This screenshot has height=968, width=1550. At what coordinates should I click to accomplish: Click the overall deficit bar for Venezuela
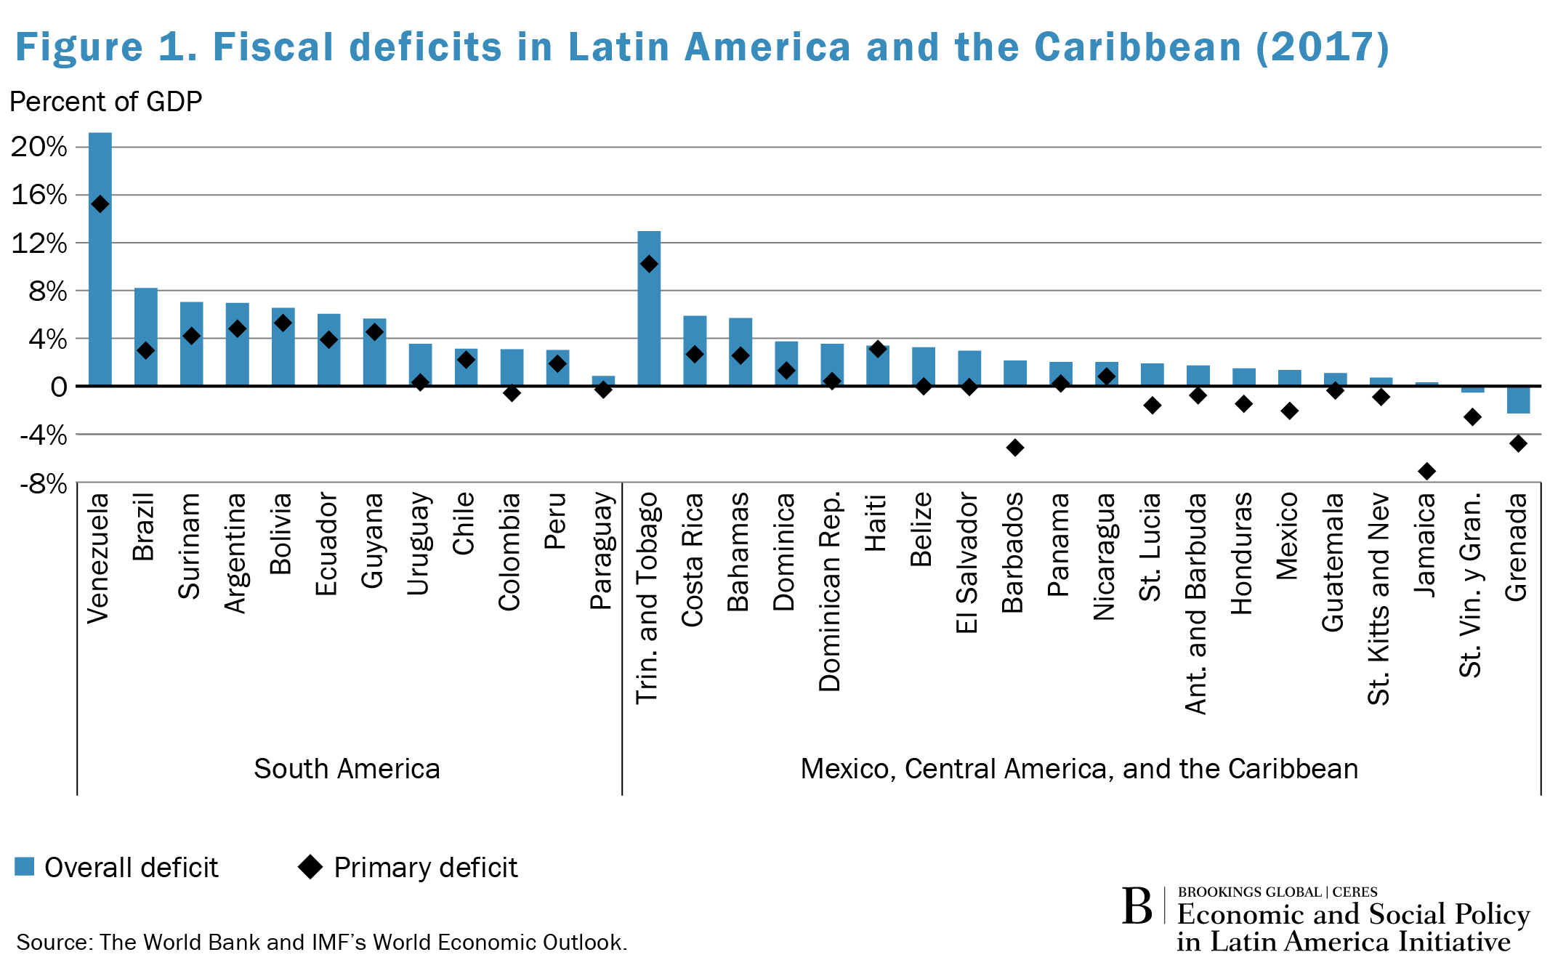pyautogui.click(x=100, y=291)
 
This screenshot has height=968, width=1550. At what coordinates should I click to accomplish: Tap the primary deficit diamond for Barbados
pyautogui.click(x=1015, y=448)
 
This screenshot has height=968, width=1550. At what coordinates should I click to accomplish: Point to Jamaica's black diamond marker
pyautogui.click(x=1426, y=472)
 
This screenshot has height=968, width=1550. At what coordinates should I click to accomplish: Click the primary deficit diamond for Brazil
pyautogui.click(x=145, y=351)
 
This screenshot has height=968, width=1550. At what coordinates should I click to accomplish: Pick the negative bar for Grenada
pyautogui.click(x=1518, y=400)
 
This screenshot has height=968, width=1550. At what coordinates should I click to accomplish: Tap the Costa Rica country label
pyautogui.click(x=693, y=560)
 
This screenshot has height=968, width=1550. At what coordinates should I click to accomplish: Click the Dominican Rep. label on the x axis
pyautogui.click(x=830, y=592)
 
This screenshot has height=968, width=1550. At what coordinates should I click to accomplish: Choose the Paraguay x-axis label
pyautogui.click(x=602, y=551)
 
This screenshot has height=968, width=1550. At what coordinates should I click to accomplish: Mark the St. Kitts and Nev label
pyautogui.click(x=1379, y=599)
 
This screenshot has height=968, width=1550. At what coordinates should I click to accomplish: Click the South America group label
pyautogui.click(x=347, y=769)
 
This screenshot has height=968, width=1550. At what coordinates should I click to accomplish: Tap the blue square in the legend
pyautogui.click(x=25, y=866)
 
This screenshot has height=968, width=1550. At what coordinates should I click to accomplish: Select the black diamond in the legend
pyautogui.click(x=311, y=867)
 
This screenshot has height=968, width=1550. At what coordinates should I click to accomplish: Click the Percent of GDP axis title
pyautogui.click(x=105, y=102)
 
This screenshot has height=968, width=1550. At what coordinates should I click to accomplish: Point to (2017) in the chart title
pyautogui.click(x=1322, y=47)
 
